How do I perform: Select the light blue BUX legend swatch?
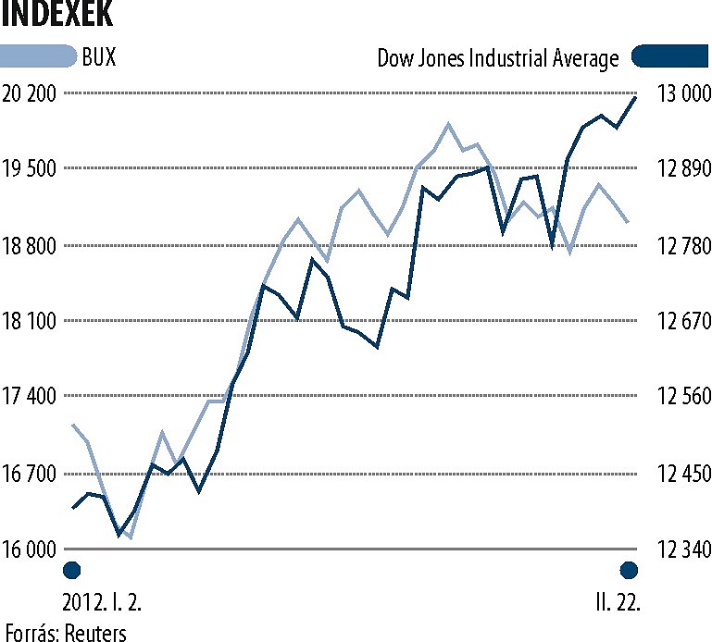tap(38, 57)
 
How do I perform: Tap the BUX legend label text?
tap(99, 57)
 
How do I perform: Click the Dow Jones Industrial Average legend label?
tap(498, 58)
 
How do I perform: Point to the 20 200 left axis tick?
tap(31, 93)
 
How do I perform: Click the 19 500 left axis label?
tap(31, 169)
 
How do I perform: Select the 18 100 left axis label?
tap(31, 321)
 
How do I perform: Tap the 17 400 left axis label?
tap(31, 397)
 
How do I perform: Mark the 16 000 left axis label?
tap(31, 549)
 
